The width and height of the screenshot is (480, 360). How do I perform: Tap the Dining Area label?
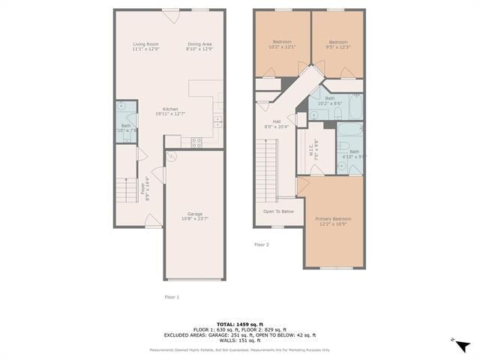pyautogui.click(x=200, y=46)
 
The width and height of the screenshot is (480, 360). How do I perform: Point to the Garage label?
pyautogui.click(x=195, y=216)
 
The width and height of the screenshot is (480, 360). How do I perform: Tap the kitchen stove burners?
pyautogui.click(x=196, y=141)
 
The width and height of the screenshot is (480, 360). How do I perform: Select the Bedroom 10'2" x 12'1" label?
pyautogui.click(x=282, y=43)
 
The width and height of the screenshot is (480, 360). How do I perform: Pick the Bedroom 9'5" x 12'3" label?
pyautogui.click(x=338, y=43)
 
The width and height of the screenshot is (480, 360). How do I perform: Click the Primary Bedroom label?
pyautogui.click(x=333, y=220)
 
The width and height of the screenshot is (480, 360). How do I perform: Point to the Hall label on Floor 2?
pyautogui.click(x=277, y=124)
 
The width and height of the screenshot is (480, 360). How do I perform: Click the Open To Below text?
pyautogui.click(x=278, y=211)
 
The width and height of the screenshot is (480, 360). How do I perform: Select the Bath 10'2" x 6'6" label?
pyautogui.click(x=330, y=100)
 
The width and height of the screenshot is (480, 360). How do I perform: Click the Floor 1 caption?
pyautogui.click(x=172, y=297)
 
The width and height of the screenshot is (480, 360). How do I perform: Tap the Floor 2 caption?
pyautogui.click(x=261, y=244)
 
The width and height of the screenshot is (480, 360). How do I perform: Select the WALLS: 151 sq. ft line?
pyautogui.click(x=240, y=340)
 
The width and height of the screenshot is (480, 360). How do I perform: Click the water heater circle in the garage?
pyautogui.click(x=172, y=157)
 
